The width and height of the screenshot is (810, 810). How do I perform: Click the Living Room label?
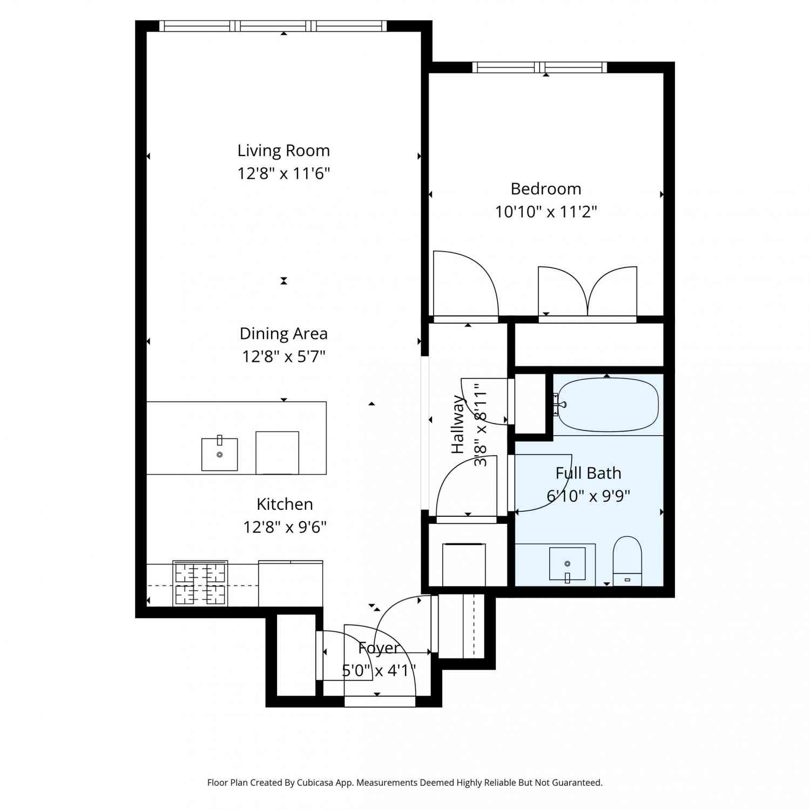click(x=283, y=151)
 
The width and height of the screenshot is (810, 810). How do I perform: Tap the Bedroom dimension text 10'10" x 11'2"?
click(x=546, y=211)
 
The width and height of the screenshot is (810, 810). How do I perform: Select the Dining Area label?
click(x=283, y=334)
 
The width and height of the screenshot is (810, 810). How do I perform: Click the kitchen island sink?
click(x=219, y=454)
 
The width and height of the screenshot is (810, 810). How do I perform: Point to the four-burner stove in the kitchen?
click(x=200, y=583)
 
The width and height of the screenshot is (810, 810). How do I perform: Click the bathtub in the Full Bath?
click(x=607, y=405)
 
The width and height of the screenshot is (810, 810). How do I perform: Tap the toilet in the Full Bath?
click(x=627, y=561)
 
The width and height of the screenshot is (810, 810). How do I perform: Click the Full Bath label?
click(x=588, y=473)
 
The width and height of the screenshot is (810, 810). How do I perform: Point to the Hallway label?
click(x=458, y=424)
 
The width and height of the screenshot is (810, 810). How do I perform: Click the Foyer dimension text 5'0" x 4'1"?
click(x=379, y=671)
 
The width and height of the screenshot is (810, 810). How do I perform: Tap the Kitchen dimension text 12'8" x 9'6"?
click(x=285, y=526)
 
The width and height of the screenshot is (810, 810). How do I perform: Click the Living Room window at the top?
click(x=273, y=26)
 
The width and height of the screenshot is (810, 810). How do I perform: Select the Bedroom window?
click(x=539, y=67)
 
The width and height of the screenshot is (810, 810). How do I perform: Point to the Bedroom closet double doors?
click(x=588, y=292)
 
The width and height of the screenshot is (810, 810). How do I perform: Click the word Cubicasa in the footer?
click(x=317, y=782)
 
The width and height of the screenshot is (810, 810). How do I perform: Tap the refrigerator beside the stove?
click(x=291, y=584)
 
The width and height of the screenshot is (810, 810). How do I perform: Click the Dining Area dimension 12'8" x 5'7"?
click(x=283, y=356)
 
